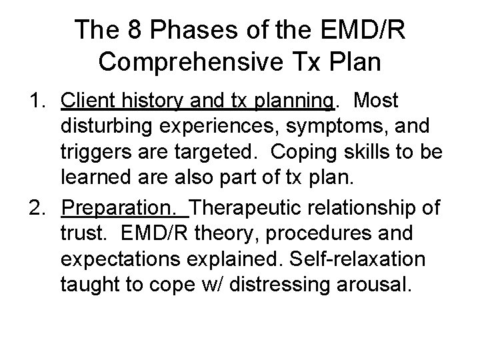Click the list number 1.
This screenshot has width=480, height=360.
(37, 101)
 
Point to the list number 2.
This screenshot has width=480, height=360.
(37, 207)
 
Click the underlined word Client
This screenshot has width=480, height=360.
(87, 101)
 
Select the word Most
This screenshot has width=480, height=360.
(377, 101)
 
